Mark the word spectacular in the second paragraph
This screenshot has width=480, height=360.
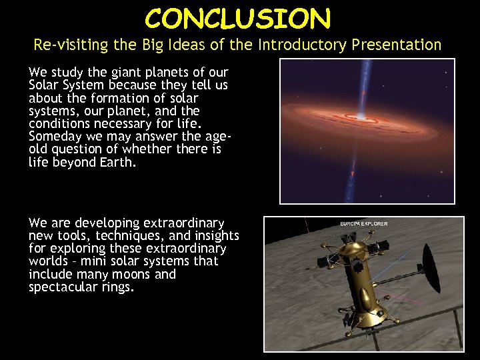pos(61,287)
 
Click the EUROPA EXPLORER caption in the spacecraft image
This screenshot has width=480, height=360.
pos(363,224)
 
